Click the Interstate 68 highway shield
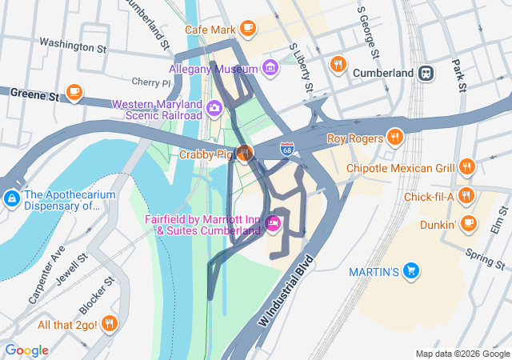[287, 149]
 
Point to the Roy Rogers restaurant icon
[394, 138]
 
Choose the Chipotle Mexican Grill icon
[468, 168]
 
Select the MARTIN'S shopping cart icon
[411, 271]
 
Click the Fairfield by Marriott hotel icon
[273, 224]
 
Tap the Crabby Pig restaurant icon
[245, 153]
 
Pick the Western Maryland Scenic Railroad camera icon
[214, 108]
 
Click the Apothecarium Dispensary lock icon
[11, 198]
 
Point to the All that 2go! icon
[110, 324]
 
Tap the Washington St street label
[72, 46]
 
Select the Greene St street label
[36, 94]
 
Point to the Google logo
[26, 350]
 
